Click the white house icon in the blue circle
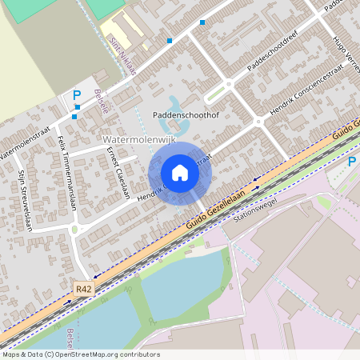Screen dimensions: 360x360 180,173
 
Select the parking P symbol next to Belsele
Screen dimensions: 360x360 77,95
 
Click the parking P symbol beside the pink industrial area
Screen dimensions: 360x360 352,162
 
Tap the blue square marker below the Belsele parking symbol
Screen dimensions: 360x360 74,117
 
